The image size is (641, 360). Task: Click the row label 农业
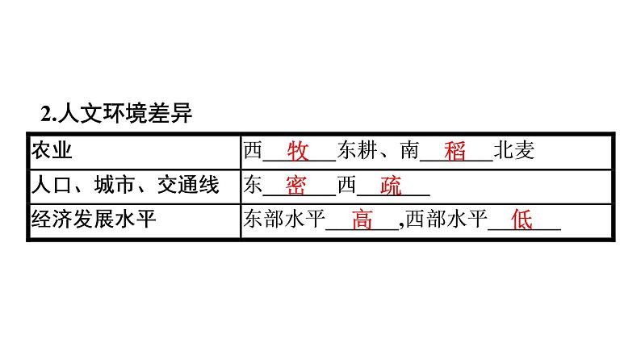[x=51, y=151]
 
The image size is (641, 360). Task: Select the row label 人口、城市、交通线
[x=124, y=186]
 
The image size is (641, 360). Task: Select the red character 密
[x=295, y=186]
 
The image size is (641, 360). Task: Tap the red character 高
[x=362, y=220]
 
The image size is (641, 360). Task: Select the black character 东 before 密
[x=253, y=186]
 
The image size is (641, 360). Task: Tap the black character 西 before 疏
[x=346, y=186]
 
